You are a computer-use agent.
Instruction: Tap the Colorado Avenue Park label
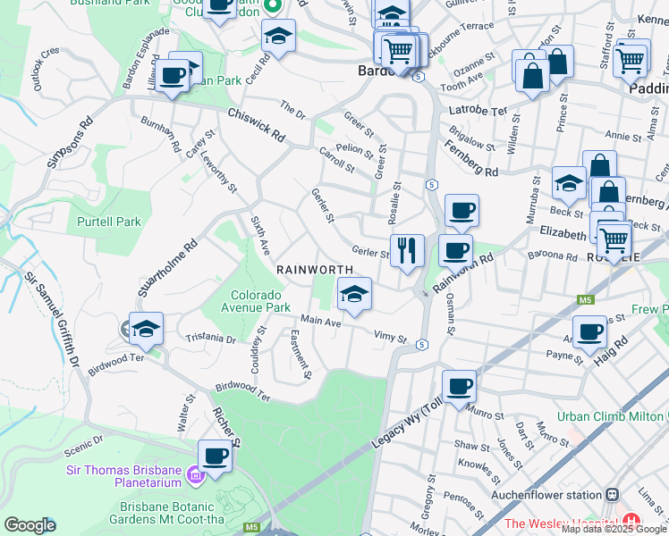tap(257, 301)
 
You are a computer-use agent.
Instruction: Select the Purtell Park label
tap(109, 222)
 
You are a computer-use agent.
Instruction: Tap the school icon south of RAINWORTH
tap(354, 293)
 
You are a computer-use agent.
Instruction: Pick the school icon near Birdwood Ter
tap(146, 329)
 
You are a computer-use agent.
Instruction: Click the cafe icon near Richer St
tap(215, 456)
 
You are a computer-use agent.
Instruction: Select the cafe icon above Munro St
tap(459, 386)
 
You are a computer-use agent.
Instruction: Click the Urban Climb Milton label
tap(612, 416)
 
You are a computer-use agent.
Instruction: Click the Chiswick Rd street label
tap(256, 125)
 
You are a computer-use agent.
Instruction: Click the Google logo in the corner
tap(30, 525)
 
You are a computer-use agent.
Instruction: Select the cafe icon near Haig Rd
tap(589, 332)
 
